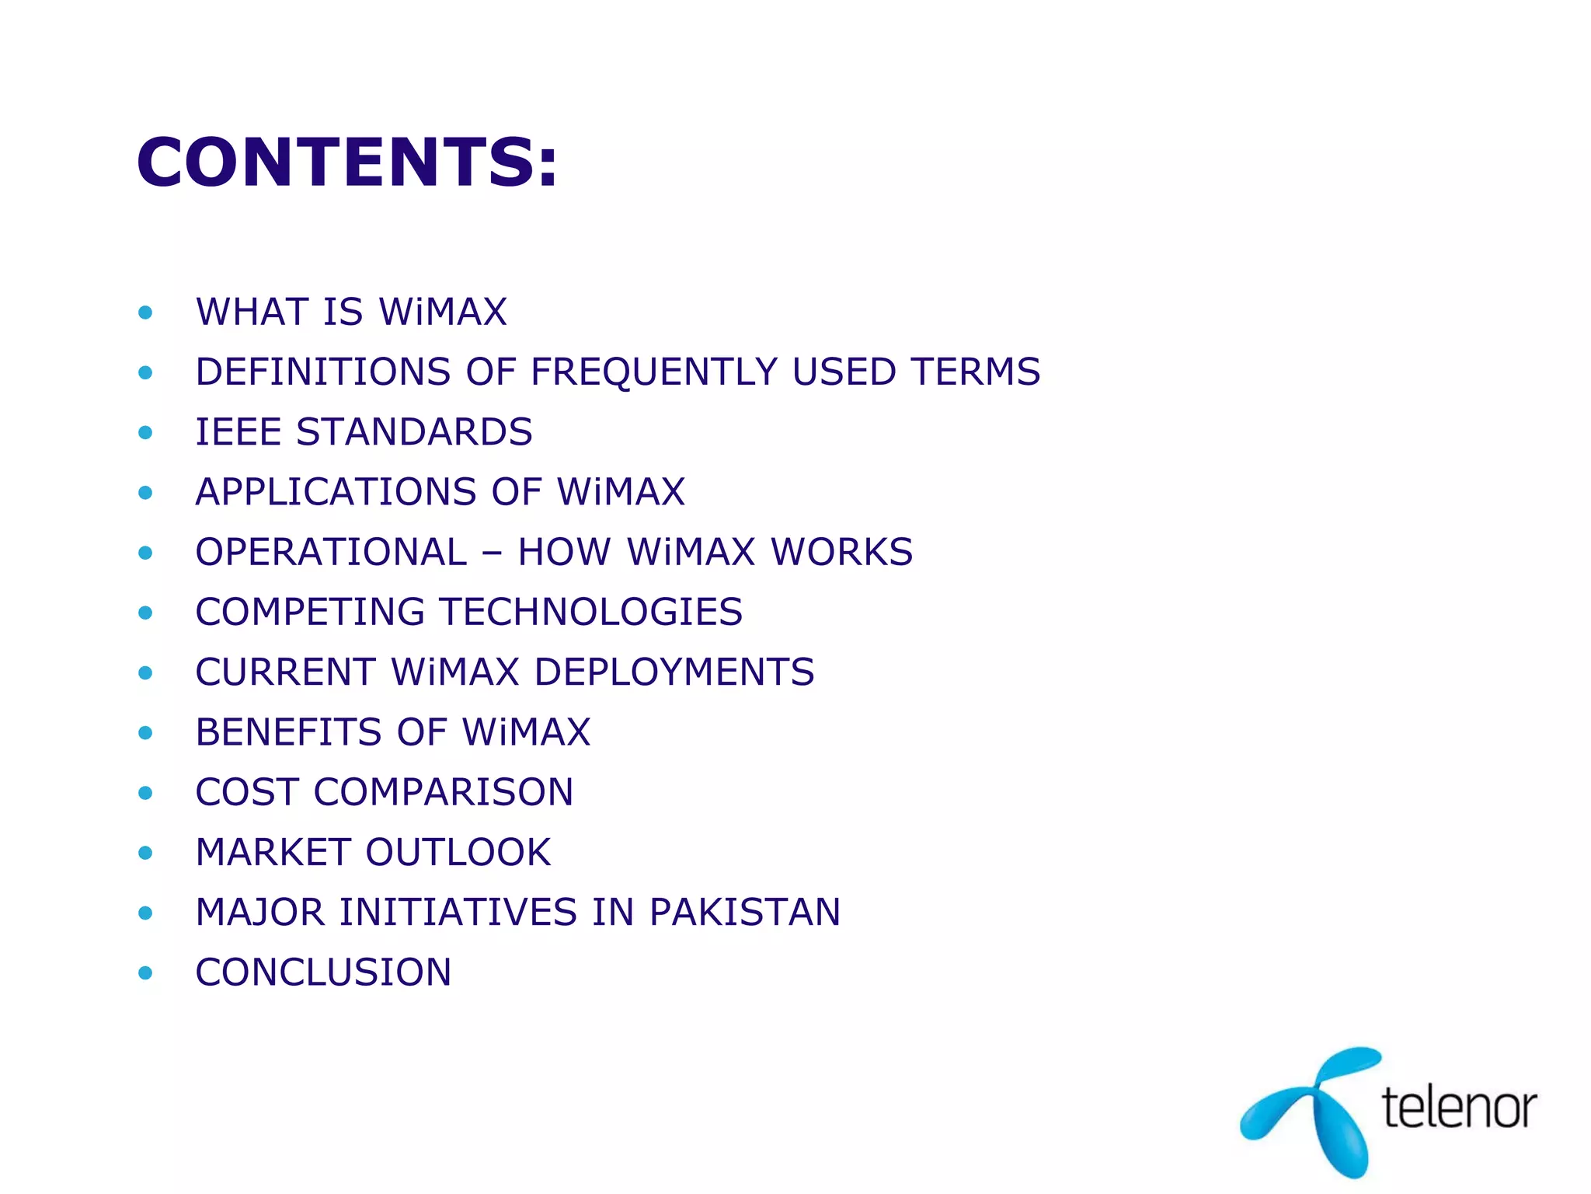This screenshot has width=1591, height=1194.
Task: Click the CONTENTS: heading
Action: coord(347,162)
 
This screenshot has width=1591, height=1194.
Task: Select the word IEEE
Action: coord(238,432)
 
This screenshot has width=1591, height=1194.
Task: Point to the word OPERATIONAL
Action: coord(331,553)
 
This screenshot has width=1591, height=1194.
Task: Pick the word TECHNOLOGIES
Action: coord(592,613)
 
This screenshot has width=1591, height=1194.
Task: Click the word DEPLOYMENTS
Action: coord(675,672)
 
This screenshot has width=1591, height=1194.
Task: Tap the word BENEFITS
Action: coord(288,732)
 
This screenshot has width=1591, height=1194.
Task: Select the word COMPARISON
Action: coord(443,793)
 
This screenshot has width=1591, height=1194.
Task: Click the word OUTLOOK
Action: coord(458,853)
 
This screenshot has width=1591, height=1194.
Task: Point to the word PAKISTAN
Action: coord(745,913)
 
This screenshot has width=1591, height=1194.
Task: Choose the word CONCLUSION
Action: coord(323,972)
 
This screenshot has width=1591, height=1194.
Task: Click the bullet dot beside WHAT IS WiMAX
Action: coord(145,313)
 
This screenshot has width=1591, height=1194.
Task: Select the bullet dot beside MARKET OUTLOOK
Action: coord(145,854)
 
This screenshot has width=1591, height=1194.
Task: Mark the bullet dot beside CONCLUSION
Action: coord(145,973)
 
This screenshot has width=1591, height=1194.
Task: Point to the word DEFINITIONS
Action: coord(323,372)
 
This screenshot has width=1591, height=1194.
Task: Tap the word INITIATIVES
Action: coord(458,913)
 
